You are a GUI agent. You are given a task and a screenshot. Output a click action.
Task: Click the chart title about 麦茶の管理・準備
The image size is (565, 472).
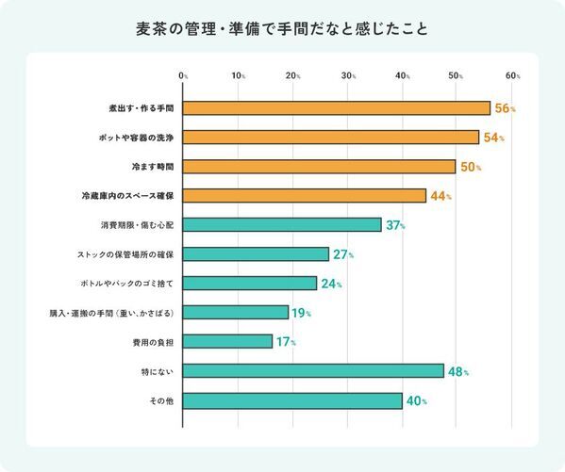coord(282,28)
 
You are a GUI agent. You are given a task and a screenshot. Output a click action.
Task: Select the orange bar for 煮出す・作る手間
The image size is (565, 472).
coord(336,108)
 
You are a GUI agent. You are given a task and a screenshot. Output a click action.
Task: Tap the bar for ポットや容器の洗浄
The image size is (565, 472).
coord(330,138)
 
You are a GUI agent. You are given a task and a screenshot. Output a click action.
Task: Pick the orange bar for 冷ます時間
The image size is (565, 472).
coord(319,167)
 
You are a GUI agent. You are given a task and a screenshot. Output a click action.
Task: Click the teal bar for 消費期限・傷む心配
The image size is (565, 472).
coord(282,225)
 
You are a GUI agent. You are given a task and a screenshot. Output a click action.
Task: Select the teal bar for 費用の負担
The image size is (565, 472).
coord(227,341)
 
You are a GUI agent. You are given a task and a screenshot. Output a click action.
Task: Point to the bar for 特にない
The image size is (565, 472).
coord(312,371)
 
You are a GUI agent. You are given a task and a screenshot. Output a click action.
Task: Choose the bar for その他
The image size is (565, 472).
coord(291,400)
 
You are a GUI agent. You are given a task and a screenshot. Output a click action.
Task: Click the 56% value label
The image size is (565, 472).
coord(505,109)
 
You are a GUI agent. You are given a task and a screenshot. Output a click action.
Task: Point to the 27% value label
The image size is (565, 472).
coord(343,254)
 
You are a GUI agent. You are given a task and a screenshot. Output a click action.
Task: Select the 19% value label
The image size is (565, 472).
coord(300,313)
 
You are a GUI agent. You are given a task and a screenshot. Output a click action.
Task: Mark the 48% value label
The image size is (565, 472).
coord(457,371)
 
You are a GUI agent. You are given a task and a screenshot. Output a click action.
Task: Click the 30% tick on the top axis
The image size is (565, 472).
coord(348,74)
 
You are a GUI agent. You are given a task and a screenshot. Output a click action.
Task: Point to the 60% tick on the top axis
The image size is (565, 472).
coord(512,74)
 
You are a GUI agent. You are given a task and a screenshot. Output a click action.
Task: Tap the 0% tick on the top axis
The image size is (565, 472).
coord(183,74)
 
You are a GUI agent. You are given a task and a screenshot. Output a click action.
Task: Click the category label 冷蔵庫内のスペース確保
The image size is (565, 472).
coord(129,196)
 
